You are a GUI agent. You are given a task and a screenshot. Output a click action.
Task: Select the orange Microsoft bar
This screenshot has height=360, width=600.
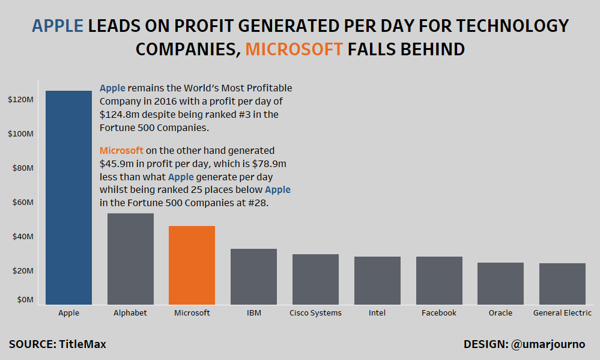click(192, 265)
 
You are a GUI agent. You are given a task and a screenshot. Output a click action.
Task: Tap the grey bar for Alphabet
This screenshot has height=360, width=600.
click(130, 258)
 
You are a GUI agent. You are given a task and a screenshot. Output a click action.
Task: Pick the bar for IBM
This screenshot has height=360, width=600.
click(253, 276)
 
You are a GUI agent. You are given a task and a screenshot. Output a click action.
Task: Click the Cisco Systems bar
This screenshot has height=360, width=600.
click(315, 279)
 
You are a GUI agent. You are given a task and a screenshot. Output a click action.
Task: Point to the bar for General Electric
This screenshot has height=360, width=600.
click(562, 284)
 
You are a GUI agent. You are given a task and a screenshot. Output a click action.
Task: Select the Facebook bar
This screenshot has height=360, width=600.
click(439, 281)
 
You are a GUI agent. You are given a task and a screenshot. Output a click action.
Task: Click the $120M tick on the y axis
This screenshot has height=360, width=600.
click(20, 100)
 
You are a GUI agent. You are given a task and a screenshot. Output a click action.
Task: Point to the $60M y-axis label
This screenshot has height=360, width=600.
click(23, 203)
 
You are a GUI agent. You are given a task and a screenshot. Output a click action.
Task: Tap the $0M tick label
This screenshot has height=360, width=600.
click(25, 299)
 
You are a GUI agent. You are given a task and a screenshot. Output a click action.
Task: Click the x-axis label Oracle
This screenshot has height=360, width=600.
click(500, 313)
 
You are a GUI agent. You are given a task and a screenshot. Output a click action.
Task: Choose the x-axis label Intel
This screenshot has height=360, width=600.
click(377, 313)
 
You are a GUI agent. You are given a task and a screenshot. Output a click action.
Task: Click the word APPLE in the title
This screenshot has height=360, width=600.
click(58, 26)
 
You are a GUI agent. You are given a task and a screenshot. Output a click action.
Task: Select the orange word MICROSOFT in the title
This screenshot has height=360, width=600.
click(294, 49)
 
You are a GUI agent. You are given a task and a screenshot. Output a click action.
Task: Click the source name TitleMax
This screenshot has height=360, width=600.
click(82, 344)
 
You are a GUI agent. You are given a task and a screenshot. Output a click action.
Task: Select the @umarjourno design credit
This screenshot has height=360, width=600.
click(548, 344)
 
